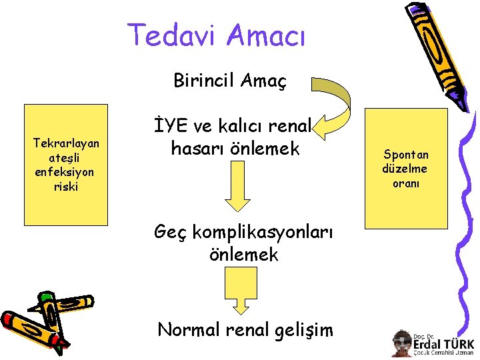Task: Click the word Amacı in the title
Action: tap(265, 35)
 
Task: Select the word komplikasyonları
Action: tap(245, 231)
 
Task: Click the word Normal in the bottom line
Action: tap(186, 329)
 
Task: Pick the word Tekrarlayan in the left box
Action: tap(66, 143)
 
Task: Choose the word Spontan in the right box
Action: tap(406, 154)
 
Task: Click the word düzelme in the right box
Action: tap(405, 169)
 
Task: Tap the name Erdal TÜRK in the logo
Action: tap(443, 344)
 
